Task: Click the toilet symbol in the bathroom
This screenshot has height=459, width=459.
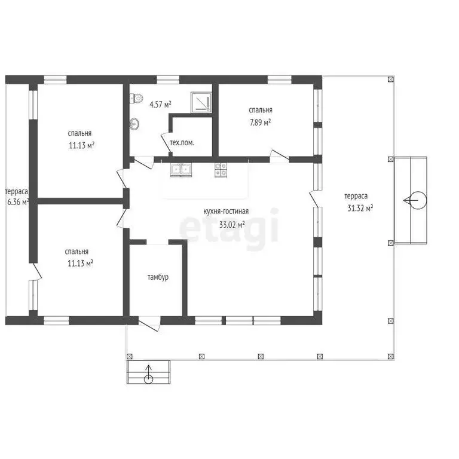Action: click(x=136, y=98)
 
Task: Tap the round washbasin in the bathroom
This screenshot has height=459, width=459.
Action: click(x=134, y=124)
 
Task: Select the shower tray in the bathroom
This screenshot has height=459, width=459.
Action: click(x=201, y=102)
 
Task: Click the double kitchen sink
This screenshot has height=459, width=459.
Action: click(x=181, y=170)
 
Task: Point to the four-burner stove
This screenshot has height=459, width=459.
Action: click(x=221, y=170)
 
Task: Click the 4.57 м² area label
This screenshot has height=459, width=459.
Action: click(x=160, y=104)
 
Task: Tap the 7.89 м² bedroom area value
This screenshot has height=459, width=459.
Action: click(x=260, y=122)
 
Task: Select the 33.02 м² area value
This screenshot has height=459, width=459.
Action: click(x=232, y=225)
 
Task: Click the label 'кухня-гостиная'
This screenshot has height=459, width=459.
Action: click(x=226, y=212)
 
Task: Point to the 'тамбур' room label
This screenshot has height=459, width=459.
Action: click(x=158, y=277)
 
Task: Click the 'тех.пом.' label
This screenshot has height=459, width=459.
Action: click(x=182, y=143)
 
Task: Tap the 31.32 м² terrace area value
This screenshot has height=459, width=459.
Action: click(x=360, y=208)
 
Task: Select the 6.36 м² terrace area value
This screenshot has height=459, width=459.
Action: click(x=18, y=202)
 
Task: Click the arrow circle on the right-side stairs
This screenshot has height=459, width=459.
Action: click(x=418, y=200)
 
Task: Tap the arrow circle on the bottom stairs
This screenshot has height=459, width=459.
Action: click(x=148, y=380)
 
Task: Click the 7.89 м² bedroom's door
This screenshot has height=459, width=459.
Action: click(x=279, y=156)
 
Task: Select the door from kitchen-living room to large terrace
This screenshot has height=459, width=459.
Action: click(x=316, y=198)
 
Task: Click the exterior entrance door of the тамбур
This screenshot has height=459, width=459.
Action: click(x=149, y=323)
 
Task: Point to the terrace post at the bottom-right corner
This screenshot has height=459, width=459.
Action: click(x=390, y=356)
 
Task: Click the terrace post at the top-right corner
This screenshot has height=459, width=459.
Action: click(x=390, y=79)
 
